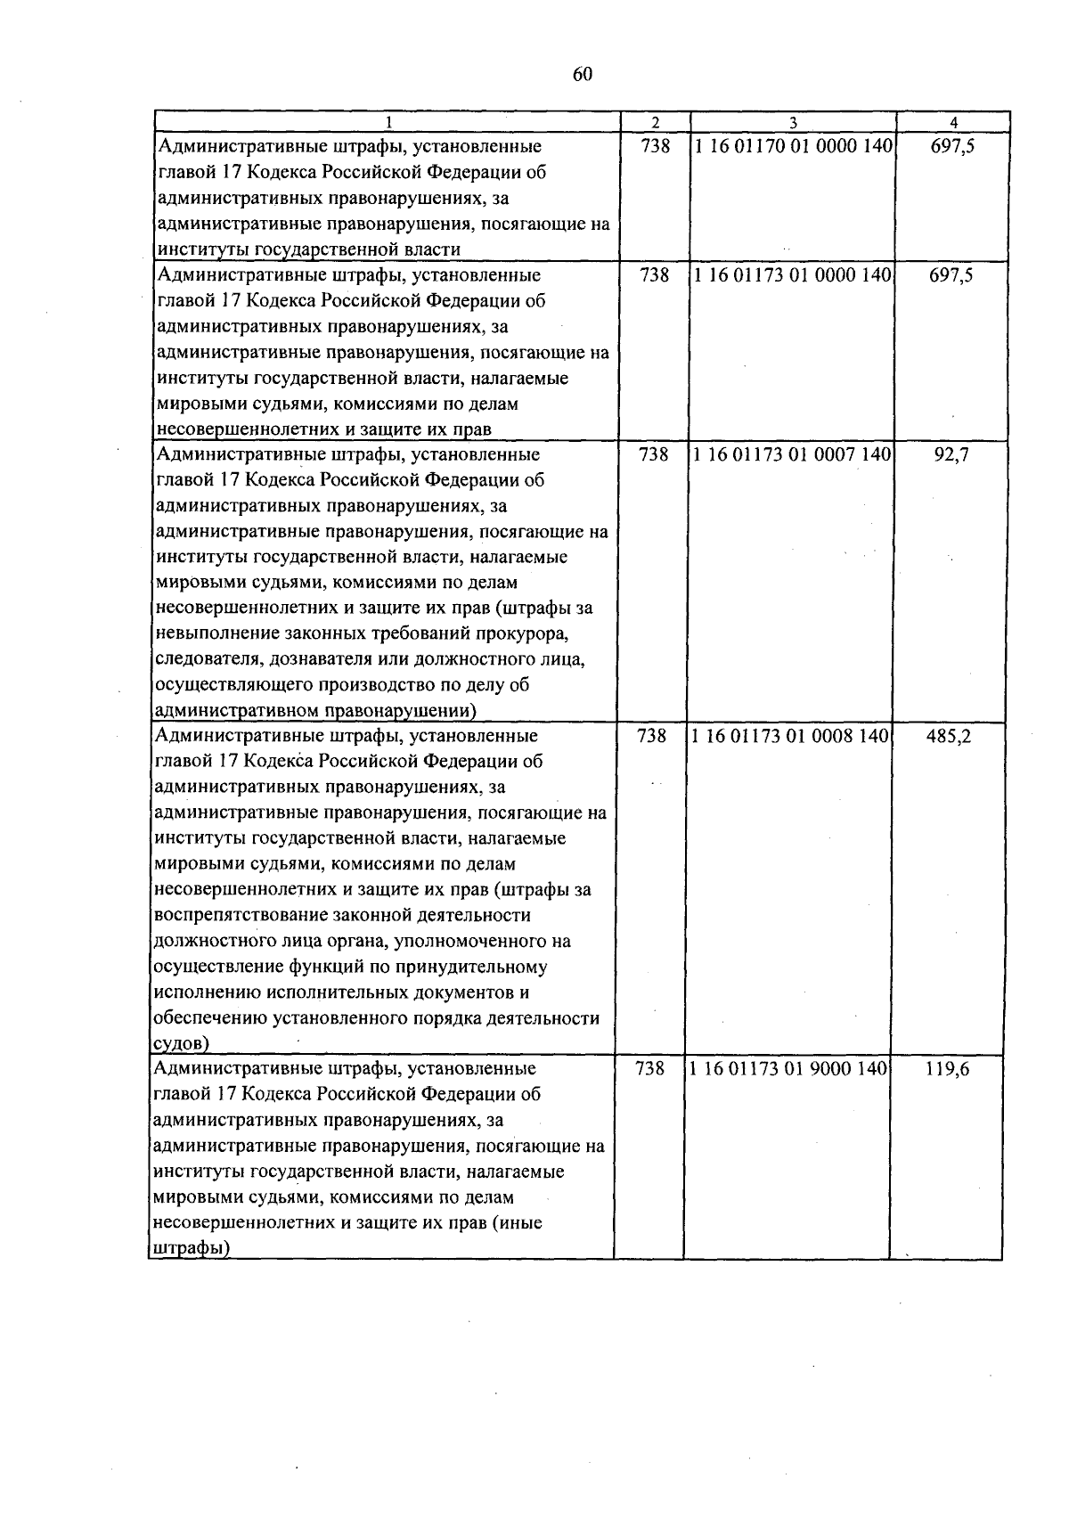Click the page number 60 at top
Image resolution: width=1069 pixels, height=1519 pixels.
(583, 75)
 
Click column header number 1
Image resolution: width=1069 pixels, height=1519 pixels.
(388, 123)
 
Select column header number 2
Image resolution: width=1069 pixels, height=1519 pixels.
(655, 123)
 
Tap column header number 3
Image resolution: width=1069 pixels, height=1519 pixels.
(793, 123)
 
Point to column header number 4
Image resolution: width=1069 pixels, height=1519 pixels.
(953, 123)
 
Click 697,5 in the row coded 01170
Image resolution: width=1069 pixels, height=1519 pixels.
(952, 146)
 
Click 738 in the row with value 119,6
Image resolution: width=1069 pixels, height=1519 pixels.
(650, 1068)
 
